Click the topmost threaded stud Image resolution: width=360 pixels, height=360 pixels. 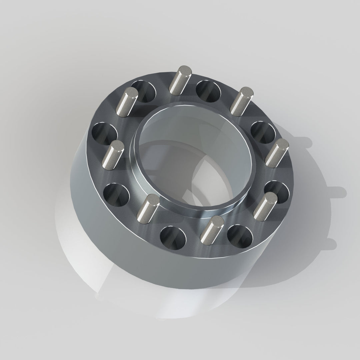click(181, 80)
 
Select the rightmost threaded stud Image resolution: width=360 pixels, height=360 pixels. click(276, 152)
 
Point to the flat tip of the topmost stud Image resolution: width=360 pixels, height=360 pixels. click(184, 70)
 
